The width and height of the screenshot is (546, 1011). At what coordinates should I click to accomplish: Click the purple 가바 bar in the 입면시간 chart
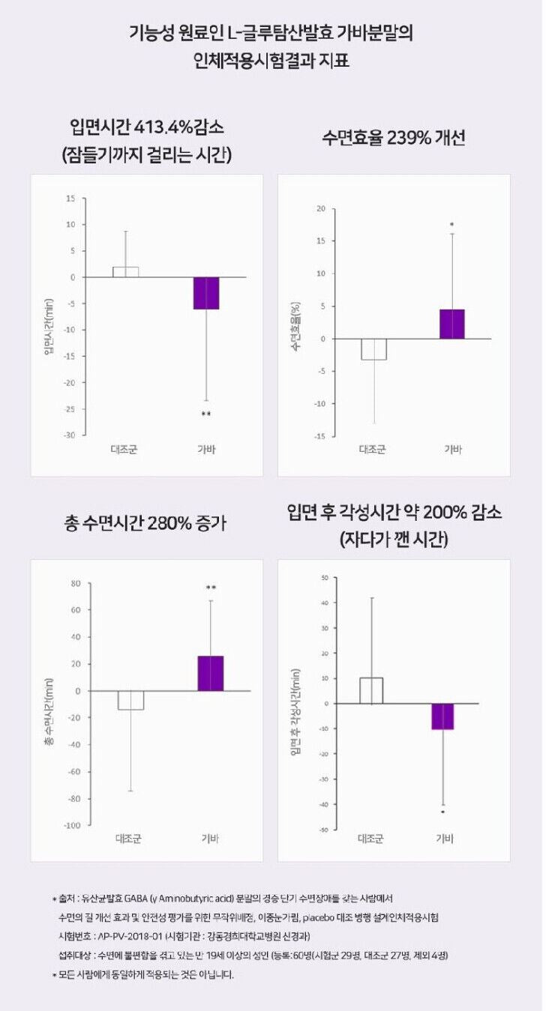[x=206, y=293]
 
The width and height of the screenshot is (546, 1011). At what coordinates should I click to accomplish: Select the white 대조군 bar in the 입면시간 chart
[x=125, y=272]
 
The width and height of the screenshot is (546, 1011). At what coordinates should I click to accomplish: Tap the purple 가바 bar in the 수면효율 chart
[x=451, y=324]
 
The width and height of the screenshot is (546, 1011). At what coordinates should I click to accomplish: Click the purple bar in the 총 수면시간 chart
[x=210, y=673]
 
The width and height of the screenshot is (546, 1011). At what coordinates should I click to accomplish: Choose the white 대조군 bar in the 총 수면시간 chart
[x=130, y=700]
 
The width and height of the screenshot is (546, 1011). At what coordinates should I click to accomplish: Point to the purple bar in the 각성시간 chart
[x=442, y=716]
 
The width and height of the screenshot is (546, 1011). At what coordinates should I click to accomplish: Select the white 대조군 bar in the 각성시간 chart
[x=371, y=690]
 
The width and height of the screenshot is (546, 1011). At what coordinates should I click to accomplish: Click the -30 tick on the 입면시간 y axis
[x=71, y=435]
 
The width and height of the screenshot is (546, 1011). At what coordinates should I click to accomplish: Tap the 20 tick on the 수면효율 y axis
[x=320, y=208]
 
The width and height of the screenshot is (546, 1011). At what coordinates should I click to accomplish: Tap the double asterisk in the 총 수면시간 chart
[x=211, y=588]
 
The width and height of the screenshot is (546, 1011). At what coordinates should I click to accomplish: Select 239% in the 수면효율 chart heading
[x=410, y=139]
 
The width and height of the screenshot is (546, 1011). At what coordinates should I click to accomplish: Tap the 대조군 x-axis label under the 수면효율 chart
[x=372, y=450]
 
